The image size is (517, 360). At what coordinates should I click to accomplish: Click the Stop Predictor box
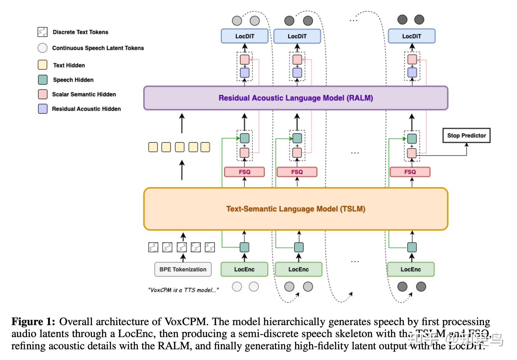pos(466,135)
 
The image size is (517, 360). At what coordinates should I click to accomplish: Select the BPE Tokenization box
pos(183,269)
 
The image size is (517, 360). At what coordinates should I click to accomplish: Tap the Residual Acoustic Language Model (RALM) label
pos(295,98)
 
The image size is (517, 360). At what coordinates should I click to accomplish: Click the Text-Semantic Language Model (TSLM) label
pos(295,209)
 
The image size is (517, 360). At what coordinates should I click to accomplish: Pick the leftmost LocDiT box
pos(244,36)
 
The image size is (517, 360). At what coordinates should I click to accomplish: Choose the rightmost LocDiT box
pos(411,36)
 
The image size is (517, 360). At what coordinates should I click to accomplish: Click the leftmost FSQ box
pos(244,172)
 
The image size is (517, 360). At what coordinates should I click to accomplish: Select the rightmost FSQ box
pos(410,172)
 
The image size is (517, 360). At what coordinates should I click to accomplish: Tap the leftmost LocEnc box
pos(244,269)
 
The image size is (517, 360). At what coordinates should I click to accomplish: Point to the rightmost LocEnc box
pos(411,269)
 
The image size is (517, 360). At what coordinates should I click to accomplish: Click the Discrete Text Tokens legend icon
pos(42,32)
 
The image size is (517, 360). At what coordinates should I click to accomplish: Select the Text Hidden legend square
pos(42,65)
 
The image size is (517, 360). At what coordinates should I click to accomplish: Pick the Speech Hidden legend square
pos(42,80)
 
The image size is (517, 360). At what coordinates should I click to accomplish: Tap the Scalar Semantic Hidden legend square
pos(42,94)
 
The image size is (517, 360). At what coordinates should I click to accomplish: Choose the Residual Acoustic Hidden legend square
pos(42,109)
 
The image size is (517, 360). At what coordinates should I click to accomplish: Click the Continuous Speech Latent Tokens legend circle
pos(42,48)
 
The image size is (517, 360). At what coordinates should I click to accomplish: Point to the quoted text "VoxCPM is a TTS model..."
pos(183,290)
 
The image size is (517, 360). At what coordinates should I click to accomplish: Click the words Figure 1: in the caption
pos(33,322)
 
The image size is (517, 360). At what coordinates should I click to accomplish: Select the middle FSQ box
pos(297,172)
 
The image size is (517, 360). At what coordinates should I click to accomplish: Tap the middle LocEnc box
pos(298,269)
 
